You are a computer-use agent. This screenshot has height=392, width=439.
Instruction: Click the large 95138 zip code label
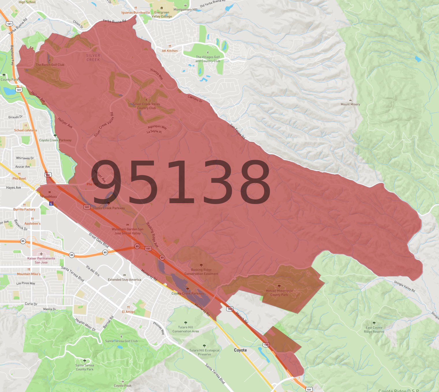click(x=181, y=182)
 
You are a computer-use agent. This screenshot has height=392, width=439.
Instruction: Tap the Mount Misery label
click(x=350, y=104)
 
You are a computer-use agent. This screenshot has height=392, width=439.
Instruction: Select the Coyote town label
click(x=240, y=350)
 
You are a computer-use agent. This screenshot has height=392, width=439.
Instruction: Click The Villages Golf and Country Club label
click(x=208, y=59)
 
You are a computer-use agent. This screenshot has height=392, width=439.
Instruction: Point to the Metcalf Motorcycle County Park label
click(x=279, y=293)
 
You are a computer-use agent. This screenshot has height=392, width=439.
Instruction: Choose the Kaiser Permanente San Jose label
click(x=41, y=260)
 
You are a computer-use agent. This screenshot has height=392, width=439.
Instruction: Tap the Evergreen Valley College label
click(x=162, y=14)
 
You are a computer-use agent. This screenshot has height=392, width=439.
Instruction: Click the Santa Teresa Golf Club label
click(x=121, y=341)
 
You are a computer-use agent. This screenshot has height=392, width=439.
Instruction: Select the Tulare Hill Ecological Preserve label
click(x=204, y=352)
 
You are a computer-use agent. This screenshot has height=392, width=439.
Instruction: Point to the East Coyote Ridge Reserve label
click(x=374, y=330)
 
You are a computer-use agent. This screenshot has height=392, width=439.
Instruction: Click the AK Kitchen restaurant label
click(x=170, y=51)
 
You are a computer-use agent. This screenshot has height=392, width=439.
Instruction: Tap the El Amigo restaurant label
click(x=128, y=312)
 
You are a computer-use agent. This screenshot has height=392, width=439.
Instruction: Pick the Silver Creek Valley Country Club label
click(x=147, y=106)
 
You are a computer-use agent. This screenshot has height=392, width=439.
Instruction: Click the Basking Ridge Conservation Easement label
click(x=201, y=272)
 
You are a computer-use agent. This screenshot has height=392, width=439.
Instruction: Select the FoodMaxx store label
click(x=50, y=197)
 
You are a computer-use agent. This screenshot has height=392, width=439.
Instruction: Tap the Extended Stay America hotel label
click(x=124, y=279)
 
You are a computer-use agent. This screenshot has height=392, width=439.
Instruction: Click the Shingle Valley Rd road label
click(x=404, y=286)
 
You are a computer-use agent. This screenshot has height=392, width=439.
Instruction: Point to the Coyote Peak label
click(x=123, y=386)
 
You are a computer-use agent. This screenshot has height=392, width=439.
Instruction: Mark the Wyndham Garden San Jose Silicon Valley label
click(x=127, y=231)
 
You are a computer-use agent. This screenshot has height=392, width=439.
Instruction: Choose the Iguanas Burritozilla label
click(x=136, y=13)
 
